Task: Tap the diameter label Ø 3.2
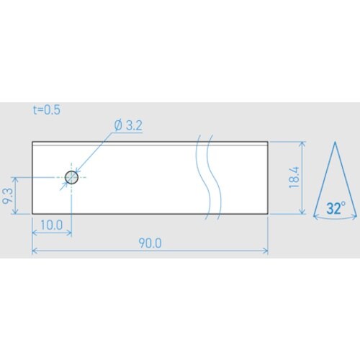pos(127,125)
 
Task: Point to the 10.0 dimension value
pos(52,225)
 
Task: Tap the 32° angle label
pos(336,209)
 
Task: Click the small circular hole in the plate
pos(71,177)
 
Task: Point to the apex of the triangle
pos(336,143)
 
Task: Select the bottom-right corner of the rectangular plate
pos(268,213)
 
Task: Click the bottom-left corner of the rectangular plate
pos(32,213)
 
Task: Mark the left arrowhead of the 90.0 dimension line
pos(35,251)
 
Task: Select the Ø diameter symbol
pos(118,125)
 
